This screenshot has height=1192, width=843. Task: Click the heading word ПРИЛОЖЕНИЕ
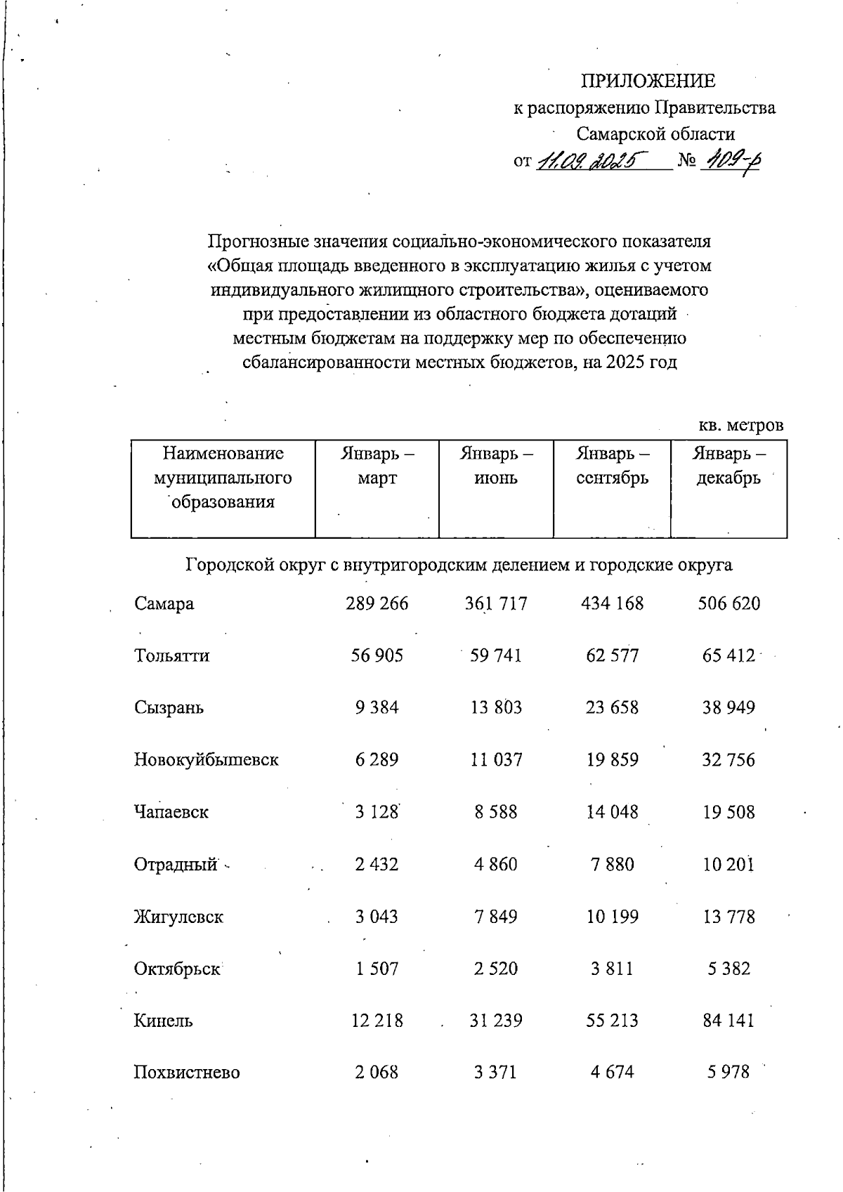[647, 81]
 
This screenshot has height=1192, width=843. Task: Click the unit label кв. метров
[740, 426]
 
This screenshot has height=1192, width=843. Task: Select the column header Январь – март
[377, 466]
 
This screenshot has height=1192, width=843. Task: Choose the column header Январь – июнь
[496, 466]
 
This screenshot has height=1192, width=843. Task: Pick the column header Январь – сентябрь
[612, 466]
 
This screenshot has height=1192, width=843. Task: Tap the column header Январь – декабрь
[728, 466]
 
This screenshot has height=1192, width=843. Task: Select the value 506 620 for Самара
[728, 603]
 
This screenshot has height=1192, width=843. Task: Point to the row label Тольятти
[171, 656]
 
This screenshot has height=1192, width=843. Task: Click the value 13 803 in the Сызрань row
[496, 707]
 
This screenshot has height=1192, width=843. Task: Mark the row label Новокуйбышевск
[206, 760]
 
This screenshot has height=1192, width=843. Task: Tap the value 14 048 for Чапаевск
[612, 812]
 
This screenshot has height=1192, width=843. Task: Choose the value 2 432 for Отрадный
[377, 864]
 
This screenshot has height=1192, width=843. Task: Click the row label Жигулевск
[178, 917]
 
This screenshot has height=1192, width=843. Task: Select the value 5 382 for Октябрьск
[728, 969]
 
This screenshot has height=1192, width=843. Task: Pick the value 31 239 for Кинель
[496, 1021]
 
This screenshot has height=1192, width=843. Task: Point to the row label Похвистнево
[187, 1073]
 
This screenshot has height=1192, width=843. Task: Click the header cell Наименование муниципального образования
[223, 478]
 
